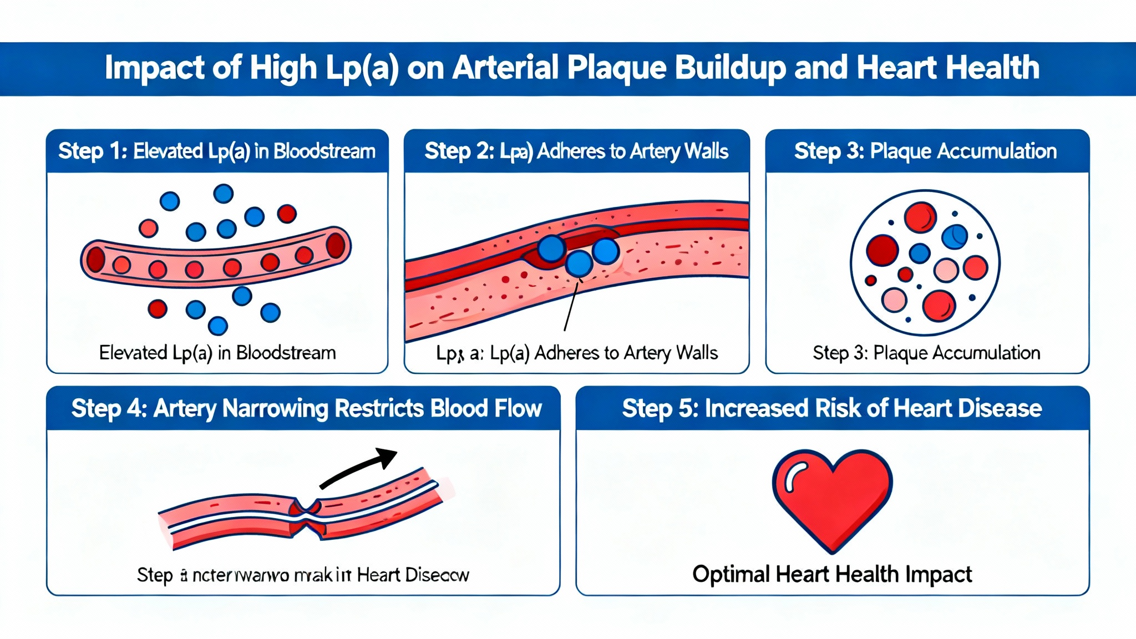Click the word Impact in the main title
155,68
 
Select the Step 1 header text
217,151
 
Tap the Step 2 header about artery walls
576,151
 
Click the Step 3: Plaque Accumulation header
925,151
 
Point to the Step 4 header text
306,409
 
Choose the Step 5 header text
831,409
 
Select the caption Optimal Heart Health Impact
832,574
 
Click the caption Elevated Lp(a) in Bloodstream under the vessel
217,353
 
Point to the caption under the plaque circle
926,353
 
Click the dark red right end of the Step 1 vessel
336,246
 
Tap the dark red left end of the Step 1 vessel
95,260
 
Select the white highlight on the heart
794,477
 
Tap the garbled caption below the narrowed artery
303,575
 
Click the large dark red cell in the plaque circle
882,250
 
